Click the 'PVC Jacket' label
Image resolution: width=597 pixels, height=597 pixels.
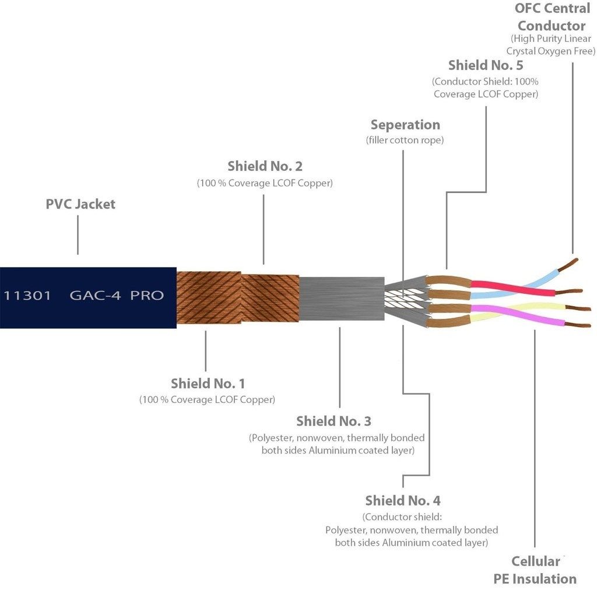(80, 204)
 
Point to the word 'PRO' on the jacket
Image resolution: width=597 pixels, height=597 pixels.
(147, 295)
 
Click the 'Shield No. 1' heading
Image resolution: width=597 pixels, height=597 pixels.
(208, 384)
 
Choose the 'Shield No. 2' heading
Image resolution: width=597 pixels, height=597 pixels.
(265, 167)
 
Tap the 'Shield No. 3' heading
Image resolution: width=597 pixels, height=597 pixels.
(333, 421)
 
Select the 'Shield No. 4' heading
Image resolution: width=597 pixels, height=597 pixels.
(402, 500)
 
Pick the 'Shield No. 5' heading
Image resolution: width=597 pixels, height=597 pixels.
(485, 65)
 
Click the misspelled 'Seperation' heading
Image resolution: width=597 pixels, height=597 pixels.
(405, 125)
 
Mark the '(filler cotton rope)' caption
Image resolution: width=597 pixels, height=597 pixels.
(405, 140)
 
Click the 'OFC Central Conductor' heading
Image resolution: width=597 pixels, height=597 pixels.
(551, 17)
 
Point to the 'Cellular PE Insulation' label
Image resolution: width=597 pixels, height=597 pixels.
(535, 570)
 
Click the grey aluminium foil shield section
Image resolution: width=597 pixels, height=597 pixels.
(341, 297)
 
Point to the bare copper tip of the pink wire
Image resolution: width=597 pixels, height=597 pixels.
(578, 325)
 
